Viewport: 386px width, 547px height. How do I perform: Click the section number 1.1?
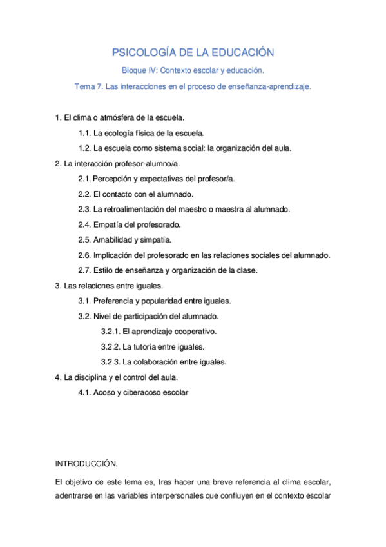click(84, 133)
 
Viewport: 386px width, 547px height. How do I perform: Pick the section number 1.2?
click(84, 148)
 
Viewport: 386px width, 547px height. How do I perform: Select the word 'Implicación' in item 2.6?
click(113, 255)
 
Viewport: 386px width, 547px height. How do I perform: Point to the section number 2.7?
click(84, 270)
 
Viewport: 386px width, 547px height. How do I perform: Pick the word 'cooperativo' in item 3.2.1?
click(195, 332)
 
